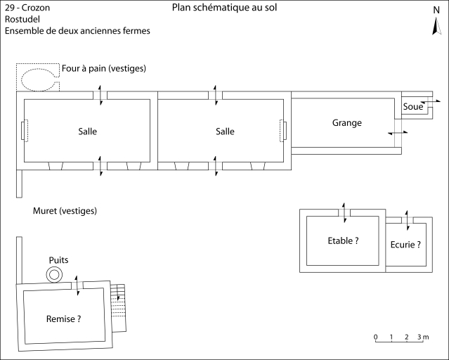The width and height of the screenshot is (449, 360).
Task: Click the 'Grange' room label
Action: pyautogui.click(x=346, y=123)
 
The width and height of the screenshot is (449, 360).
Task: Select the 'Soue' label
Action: pyautogui.click(x=413, y=107)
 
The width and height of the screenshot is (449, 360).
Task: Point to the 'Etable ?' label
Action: pyautogui.click(x=343, y=240)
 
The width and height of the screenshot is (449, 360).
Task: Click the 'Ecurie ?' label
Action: pyautogui.click(x=405, y=245)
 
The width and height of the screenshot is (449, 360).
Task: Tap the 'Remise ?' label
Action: pyautogui.click(x=63, y=319)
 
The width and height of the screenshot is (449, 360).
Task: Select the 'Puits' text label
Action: pyautogui.click(x=58, y=260)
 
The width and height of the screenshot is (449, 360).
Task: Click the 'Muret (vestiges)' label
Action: pyautogui.click(x=65, y=211)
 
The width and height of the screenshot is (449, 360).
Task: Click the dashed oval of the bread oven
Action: pyautogui.click(x=38, y=78)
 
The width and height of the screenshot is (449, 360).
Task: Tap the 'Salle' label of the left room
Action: pyautogui.click(x=88, y=131)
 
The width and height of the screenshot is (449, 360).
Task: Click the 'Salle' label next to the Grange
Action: pyautogui.click(x=225, y=131)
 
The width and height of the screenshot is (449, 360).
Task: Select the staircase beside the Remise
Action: pyautogui.click(x=120, y=307)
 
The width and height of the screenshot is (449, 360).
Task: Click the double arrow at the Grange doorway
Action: pyautogui.click(x=397, y=133)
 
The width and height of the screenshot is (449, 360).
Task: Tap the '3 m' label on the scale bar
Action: pyautogui.click(x=423, y=337)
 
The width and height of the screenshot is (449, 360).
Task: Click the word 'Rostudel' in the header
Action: pyautogui.click(x=22, y=20)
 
